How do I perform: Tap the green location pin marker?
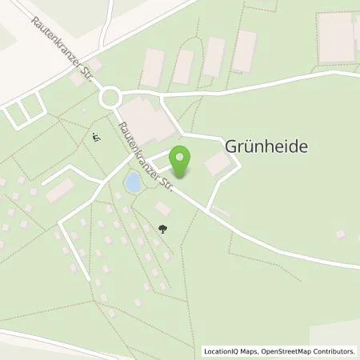coord(183,158)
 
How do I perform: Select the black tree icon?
coord(163,230)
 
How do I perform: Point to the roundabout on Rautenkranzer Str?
coord(110,98)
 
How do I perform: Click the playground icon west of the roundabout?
coord(95,138)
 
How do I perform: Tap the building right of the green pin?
coord(217,164)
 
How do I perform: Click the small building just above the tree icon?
coord(163,208)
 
